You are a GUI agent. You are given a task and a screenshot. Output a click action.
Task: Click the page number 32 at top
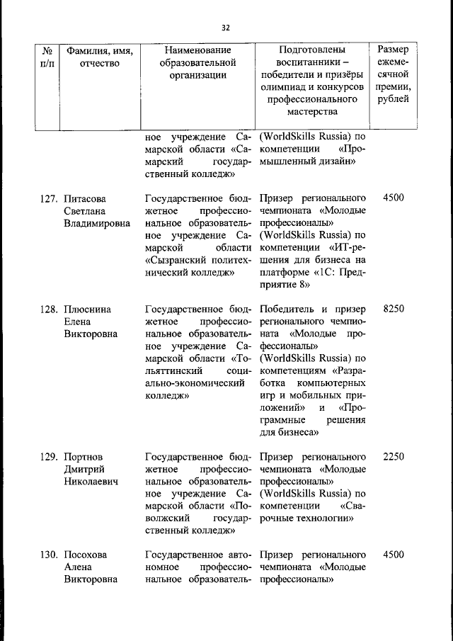tap(226, 28)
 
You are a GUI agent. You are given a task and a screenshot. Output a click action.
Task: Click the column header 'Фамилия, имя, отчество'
tap(99, 57)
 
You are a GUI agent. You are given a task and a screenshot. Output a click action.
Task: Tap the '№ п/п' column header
tap(48, 57)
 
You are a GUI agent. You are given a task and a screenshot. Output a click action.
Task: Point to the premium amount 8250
tap(393, 310)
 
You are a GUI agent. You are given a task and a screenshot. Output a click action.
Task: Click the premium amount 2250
tap(393, 457)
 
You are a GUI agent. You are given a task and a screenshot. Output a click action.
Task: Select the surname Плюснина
tap(88, 310)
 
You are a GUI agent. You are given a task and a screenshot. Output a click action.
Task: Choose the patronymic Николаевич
tap(91, 482)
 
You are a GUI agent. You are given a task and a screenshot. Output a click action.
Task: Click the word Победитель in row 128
tap(287, 310)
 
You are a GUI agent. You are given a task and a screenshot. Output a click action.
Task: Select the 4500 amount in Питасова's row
tap(393, 198)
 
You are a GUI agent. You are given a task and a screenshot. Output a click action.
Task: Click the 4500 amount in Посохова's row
tap(393, 555)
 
